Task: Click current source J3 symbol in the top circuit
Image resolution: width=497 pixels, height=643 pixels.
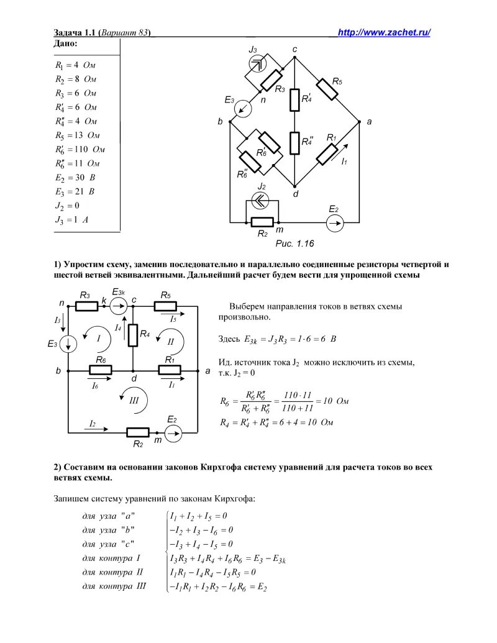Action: [x=257, y=62]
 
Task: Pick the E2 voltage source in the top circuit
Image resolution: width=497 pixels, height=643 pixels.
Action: [x=334, y=222]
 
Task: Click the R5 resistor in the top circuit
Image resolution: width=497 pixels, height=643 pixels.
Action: [x=327, y=89]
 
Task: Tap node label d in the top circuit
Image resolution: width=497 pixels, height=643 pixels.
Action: [x=296, y=194]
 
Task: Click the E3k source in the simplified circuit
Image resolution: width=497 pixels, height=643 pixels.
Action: [x=119, y=305]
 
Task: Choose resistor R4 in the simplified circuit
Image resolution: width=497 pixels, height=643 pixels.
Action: [x=133, y=335]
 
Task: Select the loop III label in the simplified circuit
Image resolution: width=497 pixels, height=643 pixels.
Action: [x=134, y=401]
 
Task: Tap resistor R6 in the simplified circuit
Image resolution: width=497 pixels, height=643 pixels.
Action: [x=101, y=371]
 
